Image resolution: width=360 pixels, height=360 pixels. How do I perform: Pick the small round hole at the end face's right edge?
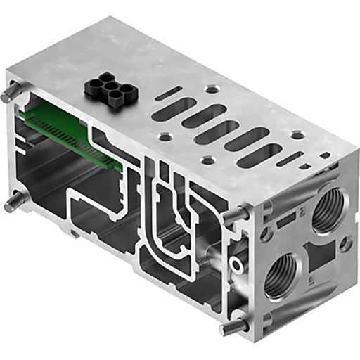click(345, 243)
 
